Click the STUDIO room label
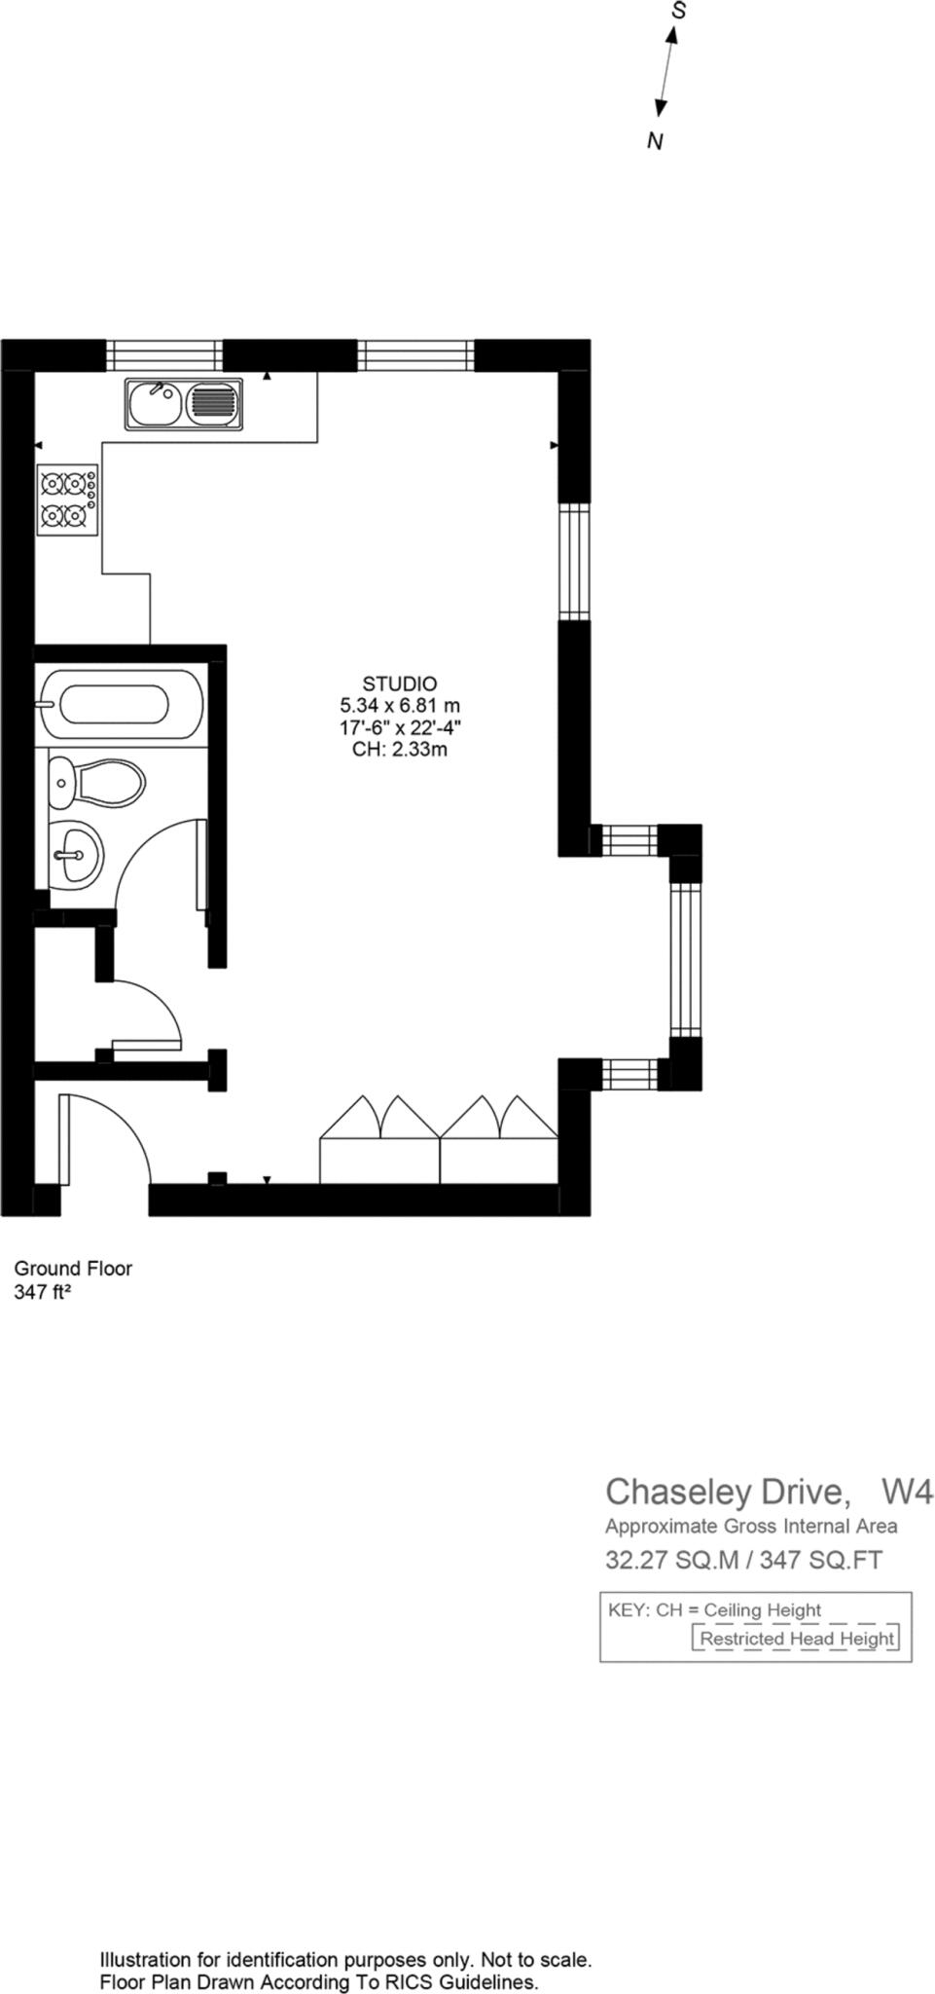tap(399, 683)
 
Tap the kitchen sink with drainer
tap(184, 404)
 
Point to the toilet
tap(95, 781)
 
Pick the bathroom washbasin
tap(74, 854)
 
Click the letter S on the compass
tap(679, 12)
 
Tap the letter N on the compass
tap(655, 142)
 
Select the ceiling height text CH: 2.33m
tap(399, 750)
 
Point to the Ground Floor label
tap(73, 1269)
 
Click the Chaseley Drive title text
tap(724, 1492)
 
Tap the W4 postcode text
tap(906, 1492)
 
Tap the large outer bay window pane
tap(685, 959)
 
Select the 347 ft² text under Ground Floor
tap(44, 1293)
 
